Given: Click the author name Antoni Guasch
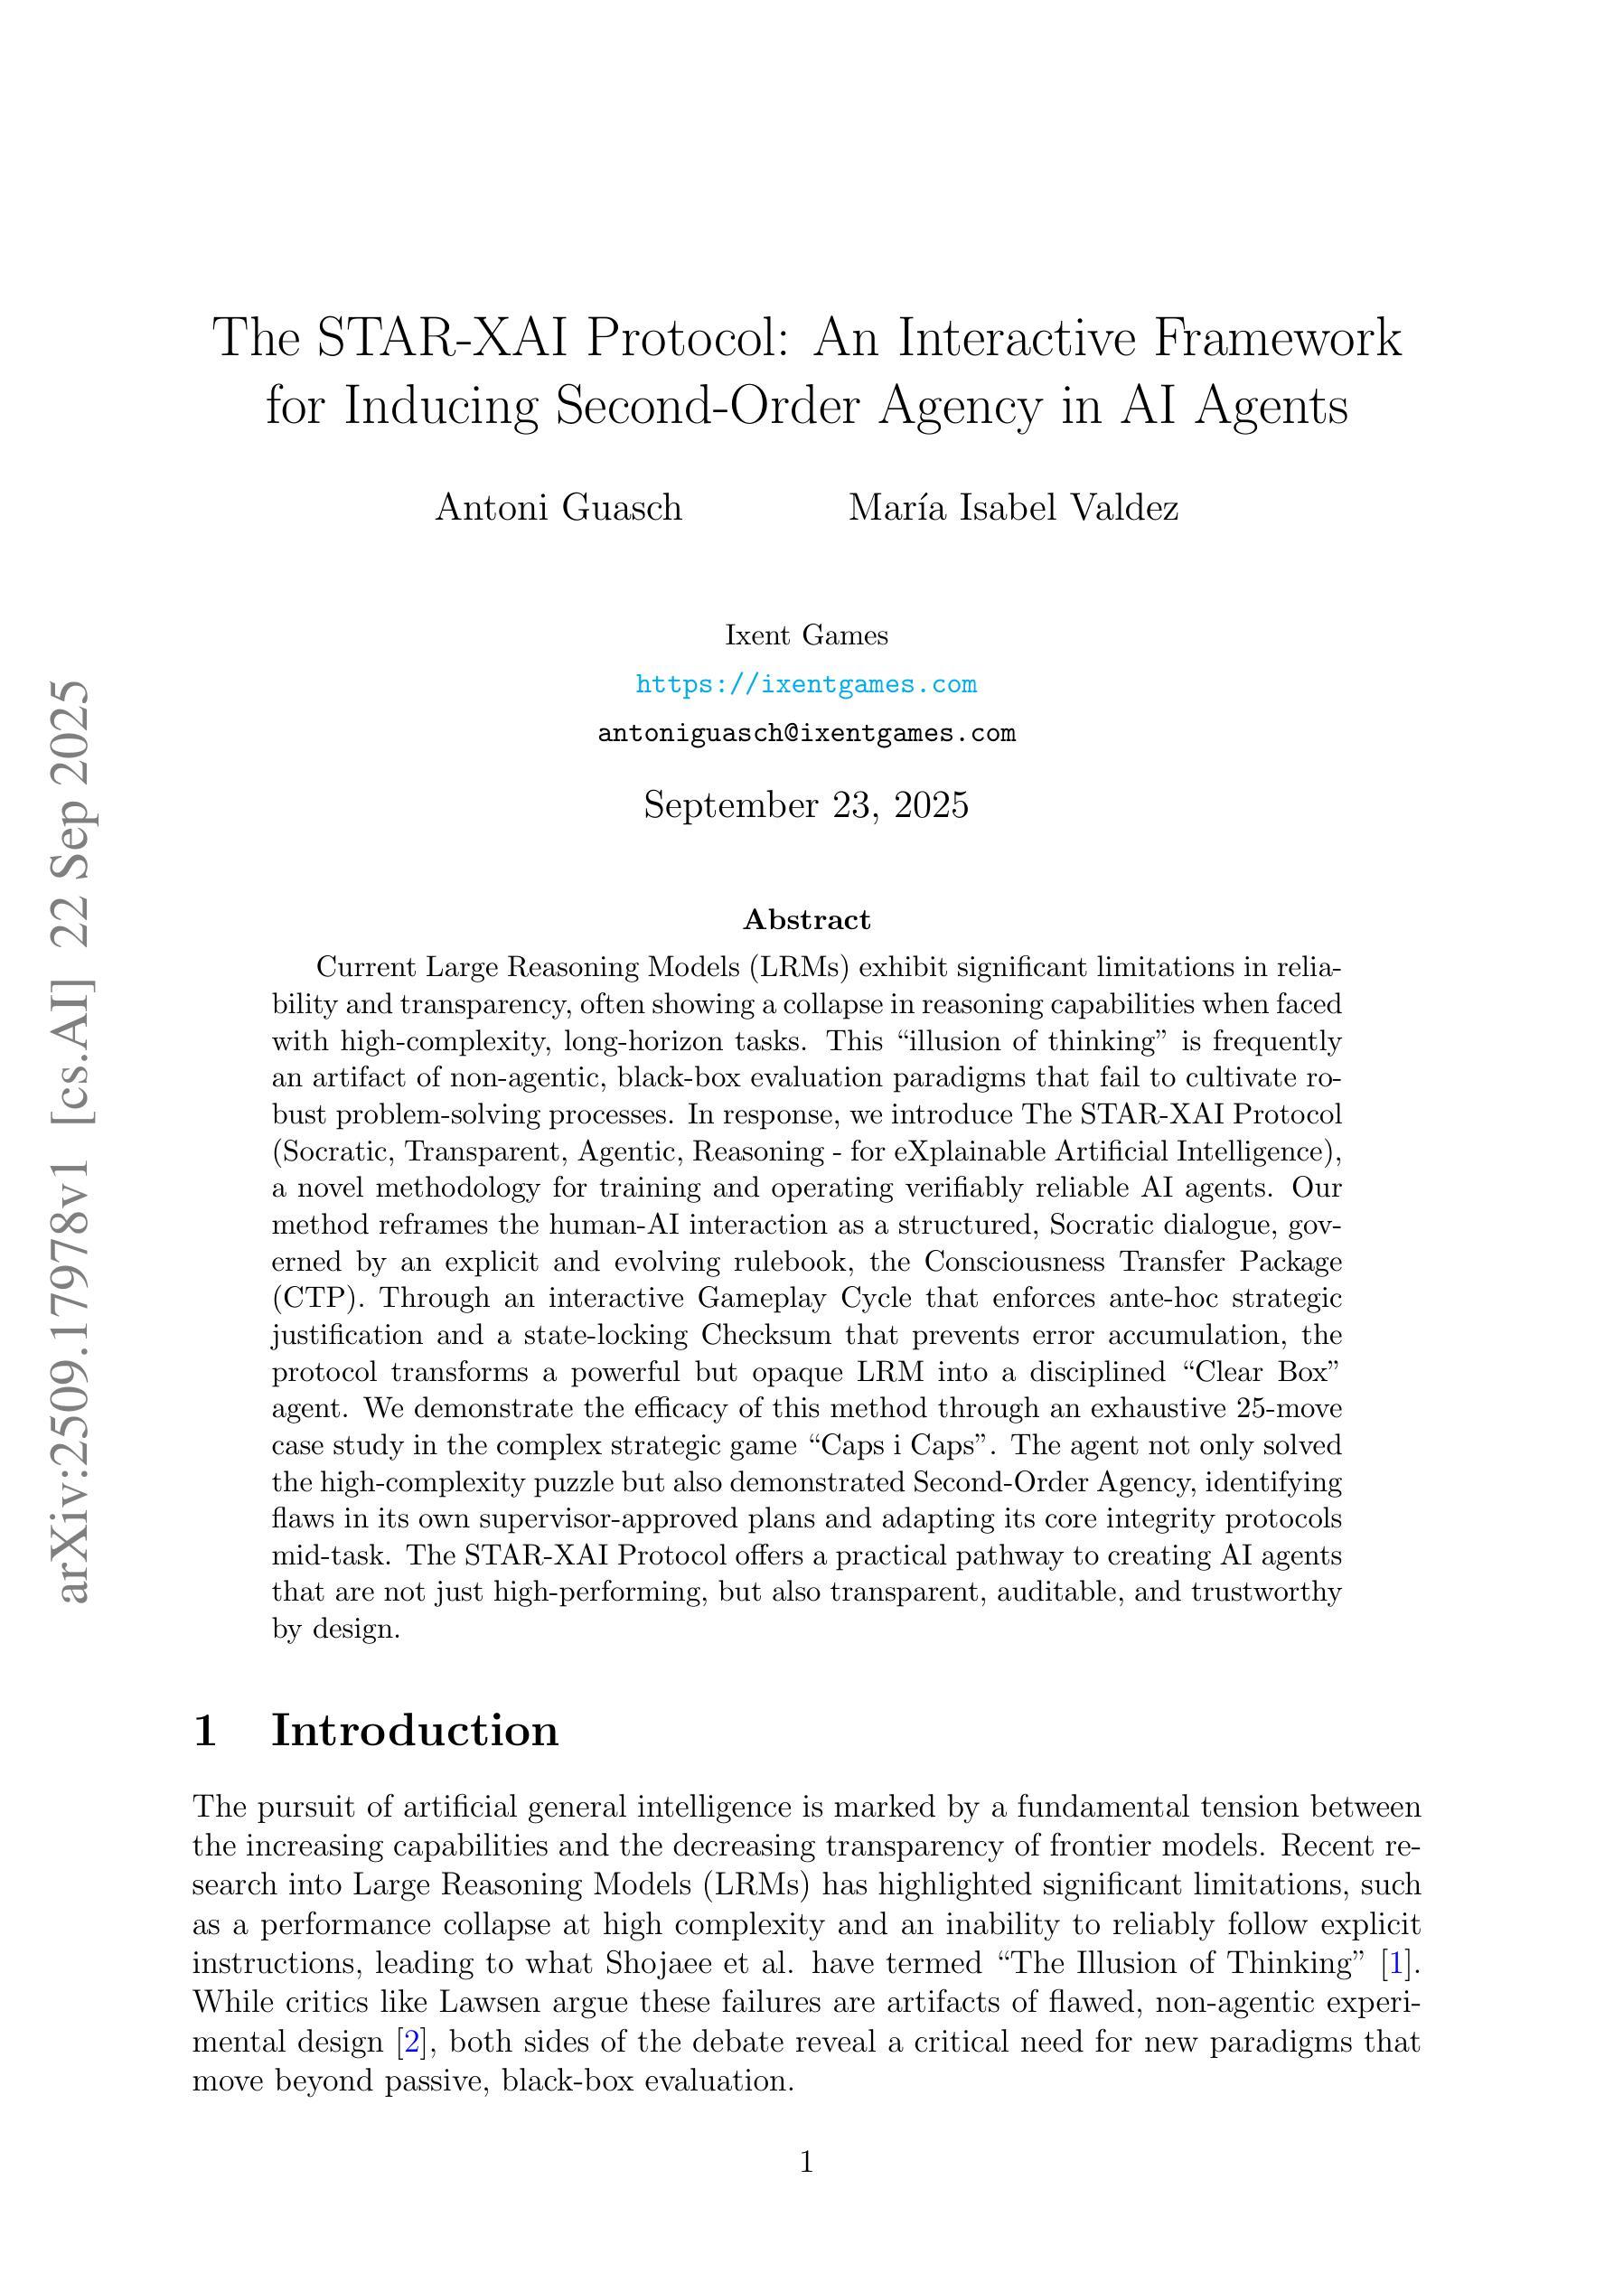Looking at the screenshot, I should coord(558,508).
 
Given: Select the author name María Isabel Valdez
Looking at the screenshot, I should coord(1013,508).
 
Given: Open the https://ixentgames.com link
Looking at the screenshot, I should coord(805,684).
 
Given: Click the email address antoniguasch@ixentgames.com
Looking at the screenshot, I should coord(805,734).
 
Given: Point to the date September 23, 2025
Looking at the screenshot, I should coord(805,804).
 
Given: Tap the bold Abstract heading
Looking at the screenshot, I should coord(806,920).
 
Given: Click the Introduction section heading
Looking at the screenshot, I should coord(415,1730).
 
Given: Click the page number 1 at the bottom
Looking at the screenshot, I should coord(806,2163).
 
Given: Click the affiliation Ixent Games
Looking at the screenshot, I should coord(805,635).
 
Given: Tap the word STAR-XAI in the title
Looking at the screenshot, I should coord(442,338).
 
